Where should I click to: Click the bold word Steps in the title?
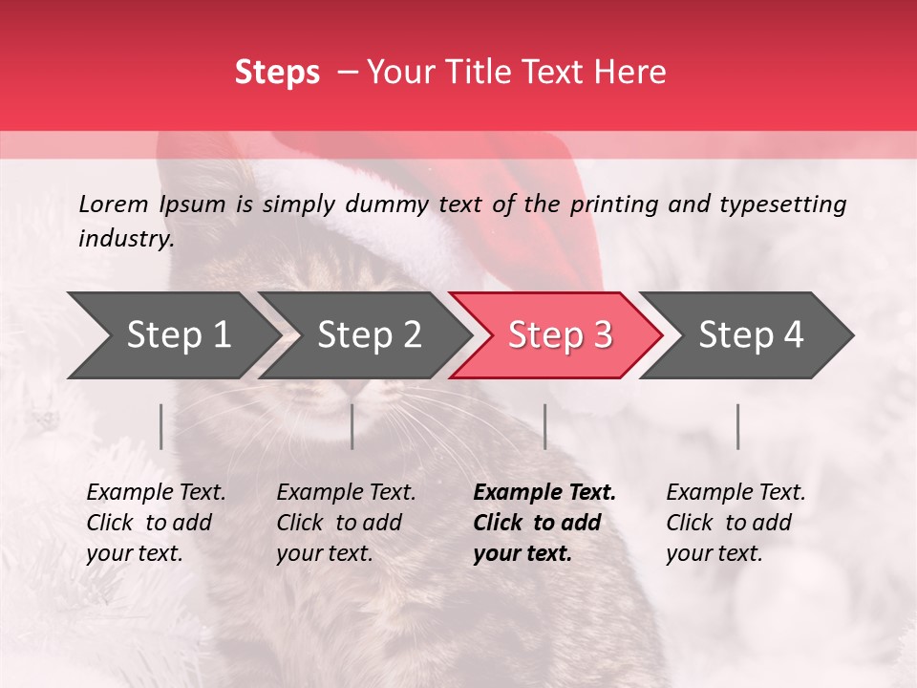click(277, 73)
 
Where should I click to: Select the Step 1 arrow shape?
click(172, 335)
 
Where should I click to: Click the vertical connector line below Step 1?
click(161, 426)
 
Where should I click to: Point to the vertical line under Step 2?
click(352, 426)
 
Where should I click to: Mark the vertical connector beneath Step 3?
click(545, 426)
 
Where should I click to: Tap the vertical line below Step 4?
click(738, 426)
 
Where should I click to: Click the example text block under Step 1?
click(156, 523)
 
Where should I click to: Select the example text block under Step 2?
click(346, 523)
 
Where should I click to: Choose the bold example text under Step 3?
click(544, 523)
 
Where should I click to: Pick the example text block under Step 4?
click(736, 523)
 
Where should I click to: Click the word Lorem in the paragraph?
click(114, 204)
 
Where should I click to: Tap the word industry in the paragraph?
click(125, 239)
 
